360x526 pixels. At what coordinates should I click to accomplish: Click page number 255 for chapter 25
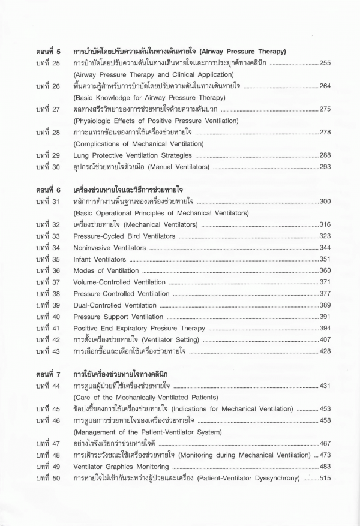tap(325, 63)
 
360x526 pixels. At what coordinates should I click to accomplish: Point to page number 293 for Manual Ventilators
tap(325, 166)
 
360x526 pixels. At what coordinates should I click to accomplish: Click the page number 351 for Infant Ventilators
tap(325, 259)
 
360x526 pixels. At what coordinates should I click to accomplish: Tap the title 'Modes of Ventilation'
tap(106, 270)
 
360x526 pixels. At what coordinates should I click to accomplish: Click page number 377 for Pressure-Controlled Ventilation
tap(325, 294)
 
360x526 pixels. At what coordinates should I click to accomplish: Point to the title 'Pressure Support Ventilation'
tap(118, 317)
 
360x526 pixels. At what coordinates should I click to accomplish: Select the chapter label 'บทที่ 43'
tap(47, 351)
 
